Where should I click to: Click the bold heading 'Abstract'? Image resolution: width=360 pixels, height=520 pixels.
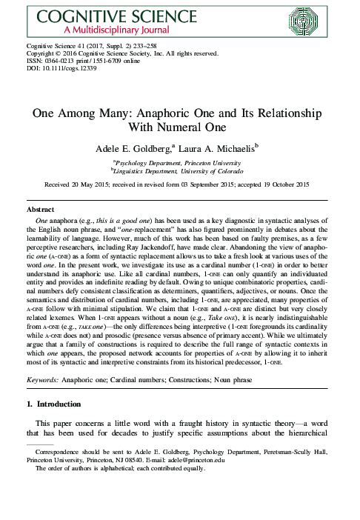tap(40, 210)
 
